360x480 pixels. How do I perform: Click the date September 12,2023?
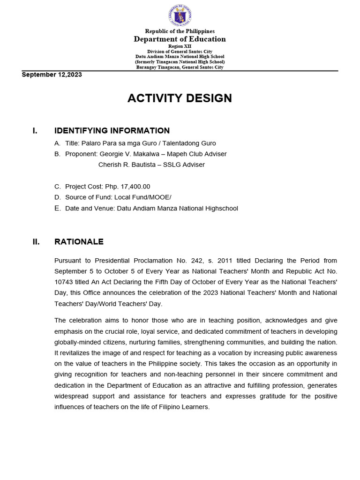click(x=52, y=75)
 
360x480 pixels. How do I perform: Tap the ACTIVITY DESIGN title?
click(x=180, y=98)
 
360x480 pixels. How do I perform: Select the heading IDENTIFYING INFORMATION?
click(x=112, y=131)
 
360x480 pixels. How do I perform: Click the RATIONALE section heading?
click(x=79, y=242)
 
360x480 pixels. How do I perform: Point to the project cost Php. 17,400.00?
click(x=127, y=187)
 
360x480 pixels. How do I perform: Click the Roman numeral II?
click(x=36, y=242)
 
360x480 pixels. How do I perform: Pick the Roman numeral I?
click(x=35, y=131)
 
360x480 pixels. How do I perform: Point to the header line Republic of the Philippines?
click(x=180, y=31)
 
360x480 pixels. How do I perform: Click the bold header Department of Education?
click(x=180, y=39)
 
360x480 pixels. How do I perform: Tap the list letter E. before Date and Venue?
click(x=57, y=208)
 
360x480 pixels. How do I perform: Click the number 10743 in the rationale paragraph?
click(x=64, y=282)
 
